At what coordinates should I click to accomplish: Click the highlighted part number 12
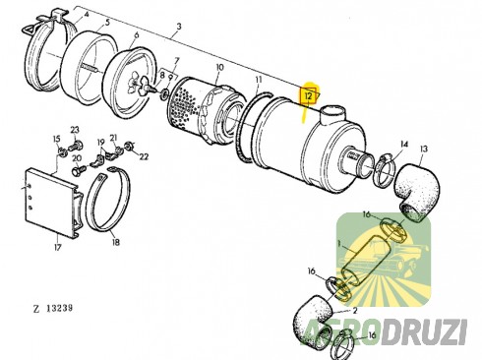coord(308,95)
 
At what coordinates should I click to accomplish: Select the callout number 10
coord(220,67)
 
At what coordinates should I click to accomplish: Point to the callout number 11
coord(257,79)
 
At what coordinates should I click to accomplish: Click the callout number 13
coord(425,150)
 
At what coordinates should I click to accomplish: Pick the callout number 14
coord(403,145)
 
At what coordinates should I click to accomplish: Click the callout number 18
coord(116,241)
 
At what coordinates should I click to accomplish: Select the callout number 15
coord(56,139)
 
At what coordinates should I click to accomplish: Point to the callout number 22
coord(145,156)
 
